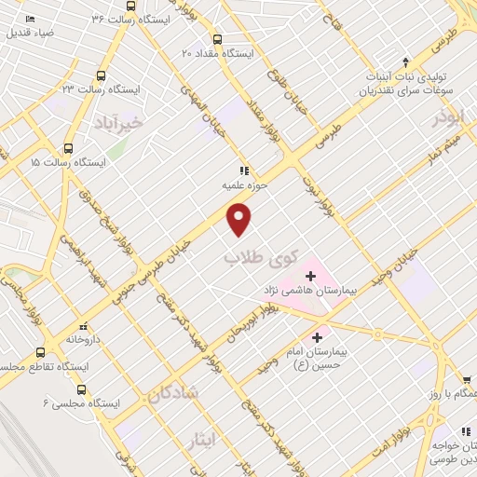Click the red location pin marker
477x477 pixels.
point(240,219)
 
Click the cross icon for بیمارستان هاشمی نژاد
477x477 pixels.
point(310,277)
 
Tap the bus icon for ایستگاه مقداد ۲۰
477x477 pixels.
point(217,39)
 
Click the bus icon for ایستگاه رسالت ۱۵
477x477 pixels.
point(68,148)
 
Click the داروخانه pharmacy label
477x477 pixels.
point(83,340)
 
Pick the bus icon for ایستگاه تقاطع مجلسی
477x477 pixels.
point(39,353)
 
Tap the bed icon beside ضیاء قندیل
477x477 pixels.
point(32,20)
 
